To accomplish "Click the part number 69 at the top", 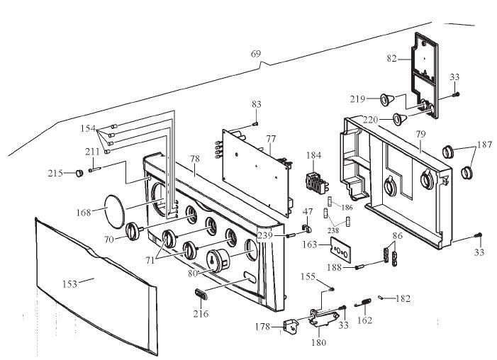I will point(256,54).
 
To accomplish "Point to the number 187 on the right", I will point(484,146).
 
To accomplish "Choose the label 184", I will point(313,155).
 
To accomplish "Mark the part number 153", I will point(69,283).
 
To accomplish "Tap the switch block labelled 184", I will point(313,182).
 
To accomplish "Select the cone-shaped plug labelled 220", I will point(402,118).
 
